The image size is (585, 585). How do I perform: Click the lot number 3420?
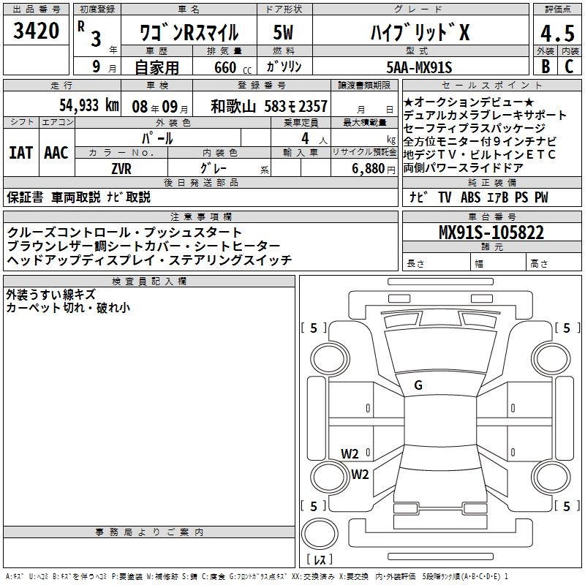click(36, 32)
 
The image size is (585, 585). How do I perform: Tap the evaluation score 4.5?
click(556, 33)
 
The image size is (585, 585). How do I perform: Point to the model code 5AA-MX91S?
click(419, 67)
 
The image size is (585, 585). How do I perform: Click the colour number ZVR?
click(121, 167)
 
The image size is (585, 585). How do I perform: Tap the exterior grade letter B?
click(545, 67)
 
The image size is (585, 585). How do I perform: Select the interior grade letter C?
click(569, 67)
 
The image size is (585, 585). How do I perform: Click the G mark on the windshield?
click(418, 385)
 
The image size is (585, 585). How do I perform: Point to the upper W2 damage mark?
click(350, 453)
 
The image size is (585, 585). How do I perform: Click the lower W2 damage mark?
click(360, 474)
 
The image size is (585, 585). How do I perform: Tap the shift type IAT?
click(21, 153)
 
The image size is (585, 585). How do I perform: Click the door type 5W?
click(283, 33)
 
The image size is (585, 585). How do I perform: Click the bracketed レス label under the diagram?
click(320, 560)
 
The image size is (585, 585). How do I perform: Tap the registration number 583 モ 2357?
click(295, 106)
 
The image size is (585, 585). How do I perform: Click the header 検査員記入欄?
click(149, 281)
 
